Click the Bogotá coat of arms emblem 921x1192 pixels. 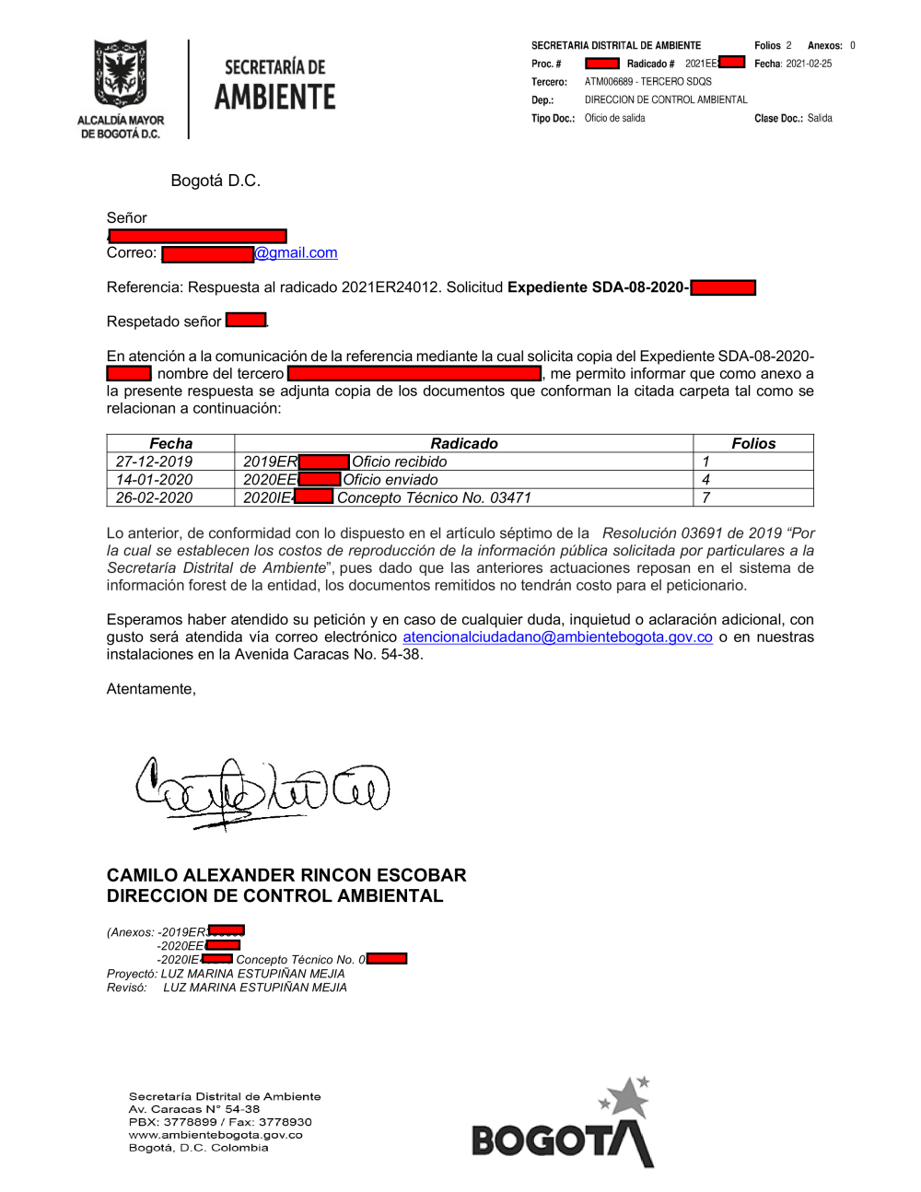pos(120,75)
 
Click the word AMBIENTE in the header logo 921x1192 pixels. pos(274,97)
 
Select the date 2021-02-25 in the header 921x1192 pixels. pos(809,64)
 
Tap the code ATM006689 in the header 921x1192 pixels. pos(609,82)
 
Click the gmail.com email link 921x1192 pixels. pos(296,253)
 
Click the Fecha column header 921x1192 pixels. pos(171,443)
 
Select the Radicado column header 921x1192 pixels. pos(463,443)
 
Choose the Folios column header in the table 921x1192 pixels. pos(753,443)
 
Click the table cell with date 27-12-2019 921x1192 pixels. pos(154,462)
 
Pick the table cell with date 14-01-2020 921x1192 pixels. pos(154,480)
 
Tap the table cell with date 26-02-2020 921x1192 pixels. pos(154,498)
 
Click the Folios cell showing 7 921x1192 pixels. pos(706,498)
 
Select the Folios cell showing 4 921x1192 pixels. pos(706,480)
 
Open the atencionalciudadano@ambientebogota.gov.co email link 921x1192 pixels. pos(557,637)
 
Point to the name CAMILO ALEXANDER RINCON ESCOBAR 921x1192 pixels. pos(286,875)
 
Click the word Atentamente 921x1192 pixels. pos(151,689)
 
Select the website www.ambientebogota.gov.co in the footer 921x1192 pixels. pos(216,1135)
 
